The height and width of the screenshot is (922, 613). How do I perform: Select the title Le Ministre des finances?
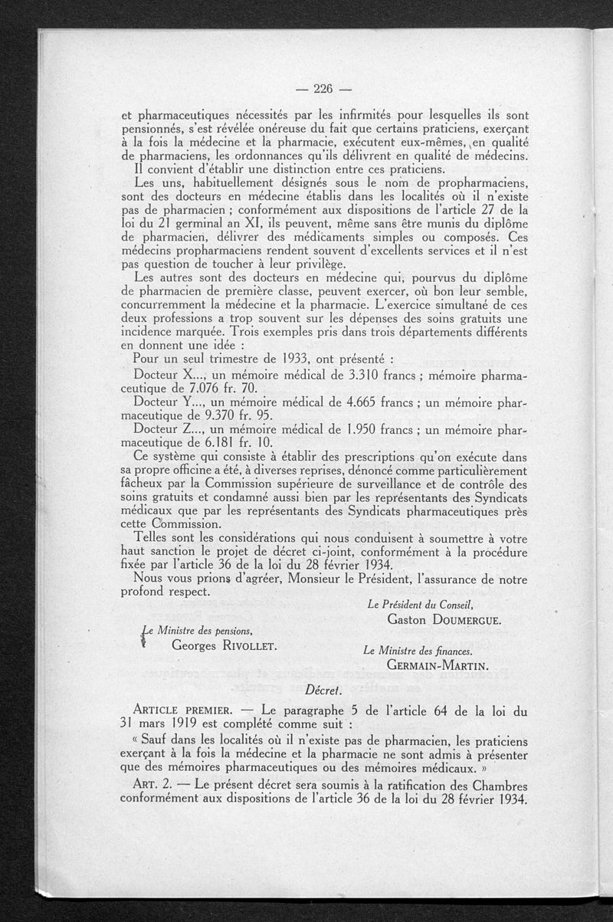417,650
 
